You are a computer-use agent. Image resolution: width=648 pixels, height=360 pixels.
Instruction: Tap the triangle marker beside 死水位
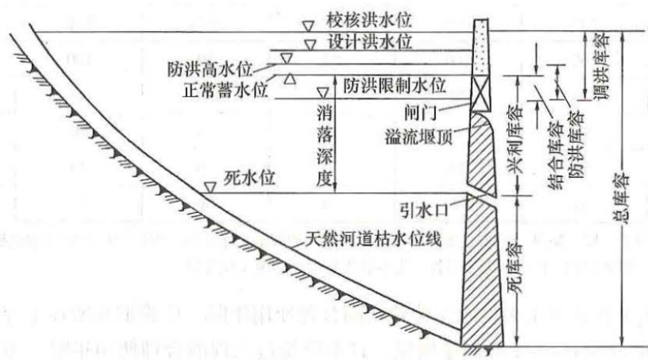click(210, 187)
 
